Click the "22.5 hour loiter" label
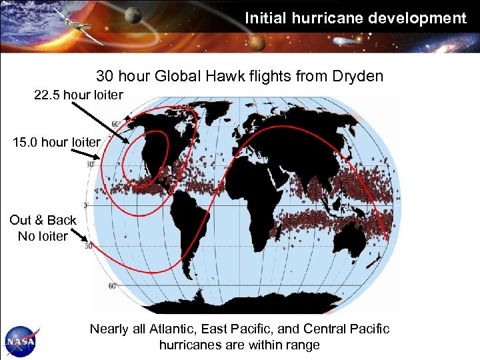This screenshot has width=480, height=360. click(x=79, y=95)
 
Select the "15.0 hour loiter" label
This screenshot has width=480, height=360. click(x=56, y=142)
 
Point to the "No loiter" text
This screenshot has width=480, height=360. click(x=43, y=236)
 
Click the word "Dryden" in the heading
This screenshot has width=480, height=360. click(x=361, y=76)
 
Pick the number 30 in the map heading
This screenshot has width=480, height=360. click(x=105, y=76)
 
